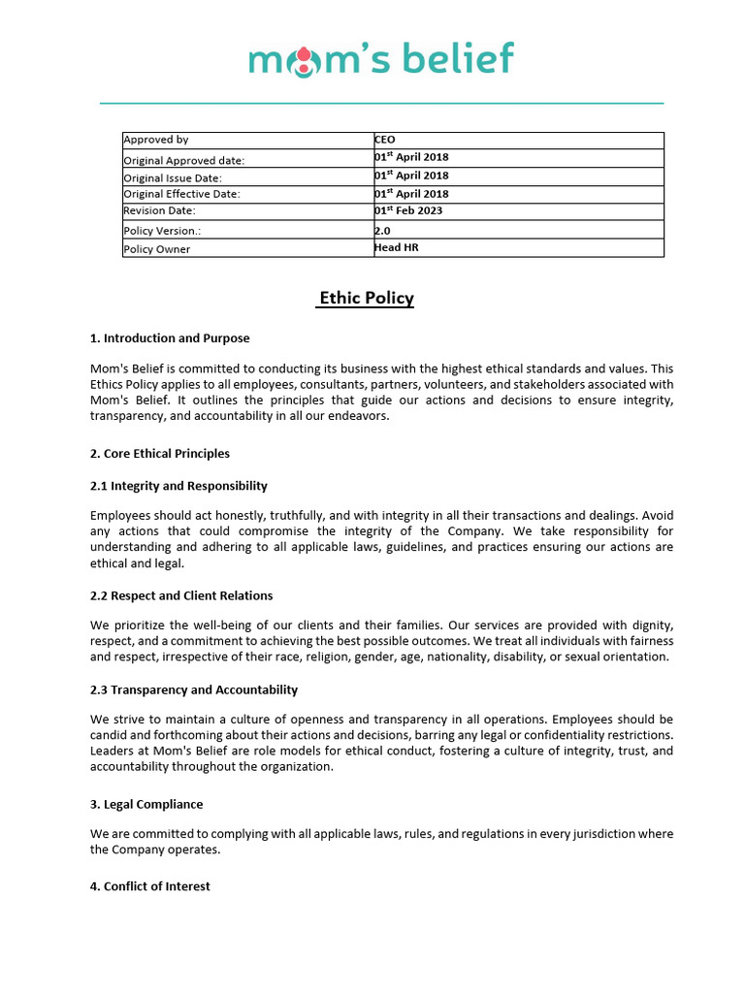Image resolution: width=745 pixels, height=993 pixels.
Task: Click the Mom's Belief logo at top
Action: (x=381, y=59)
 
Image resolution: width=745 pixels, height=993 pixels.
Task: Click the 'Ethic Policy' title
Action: (x=366, y=298)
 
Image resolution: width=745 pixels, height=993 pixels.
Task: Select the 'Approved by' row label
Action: (x=156, y=141)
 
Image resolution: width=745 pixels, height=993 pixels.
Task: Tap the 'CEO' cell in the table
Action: (x=385, y=140)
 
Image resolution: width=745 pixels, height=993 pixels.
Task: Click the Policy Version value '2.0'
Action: (x=382, y=231)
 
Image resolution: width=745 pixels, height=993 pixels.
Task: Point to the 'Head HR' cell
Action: (x=397, y=247)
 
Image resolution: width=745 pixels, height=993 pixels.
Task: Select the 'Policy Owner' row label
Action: (x=157, y=249)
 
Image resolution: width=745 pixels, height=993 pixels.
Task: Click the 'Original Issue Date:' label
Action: (x=173, y=178)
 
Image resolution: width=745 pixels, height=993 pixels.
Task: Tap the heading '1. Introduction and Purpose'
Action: (x=170, y=338)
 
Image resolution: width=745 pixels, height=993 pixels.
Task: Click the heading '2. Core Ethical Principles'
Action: (x=160, y=453)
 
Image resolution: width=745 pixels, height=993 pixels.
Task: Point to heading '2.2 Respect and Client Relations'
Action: (x=181, y=595)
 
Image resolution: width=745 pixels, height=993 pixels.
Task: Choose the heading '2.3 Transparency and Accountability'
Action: (x=194, y=689)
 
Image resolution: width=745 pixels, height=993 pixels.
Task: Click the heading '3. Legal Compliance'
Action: (x=146, y=804)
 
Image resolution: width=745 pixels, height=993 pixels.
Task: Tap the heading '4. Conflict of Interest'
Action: (x=150, y=886)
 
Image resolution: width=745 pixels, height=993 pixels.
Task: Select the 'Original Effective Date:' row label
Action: (x=181, y=195)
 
